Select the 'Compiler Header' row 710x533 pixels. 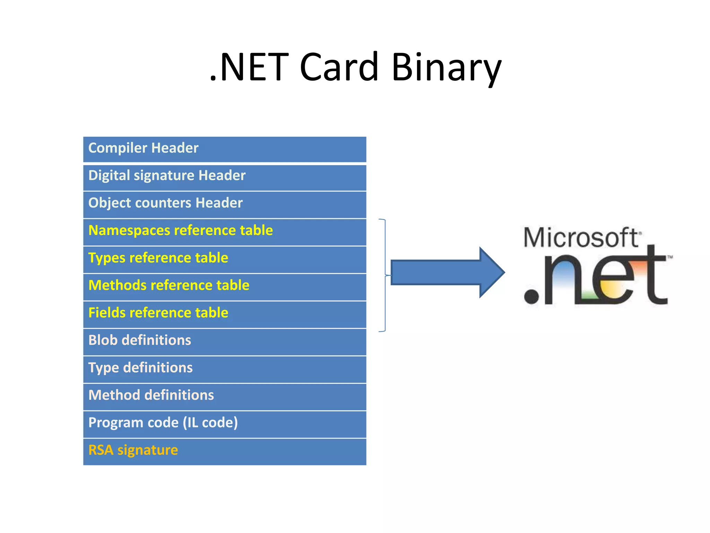[225, 149]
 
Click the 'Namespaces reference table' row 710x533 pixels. [225, 231]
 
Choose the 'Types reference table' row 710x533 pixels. [225, 259]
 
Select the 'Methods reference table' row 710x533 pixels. [225, 286]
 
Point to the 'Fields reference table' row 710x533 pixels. [225, 314]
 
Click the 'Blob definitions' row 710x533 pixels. [225, 341]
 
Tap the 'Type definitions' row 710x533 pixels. [225, 369]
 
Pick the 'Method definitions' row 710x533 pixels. [225, 396]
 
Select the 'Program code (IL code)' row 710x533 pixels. [225, 423]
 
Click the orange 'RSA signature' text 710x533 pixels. [133, 450]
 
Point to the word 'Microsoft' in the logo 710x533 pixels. [581, 238]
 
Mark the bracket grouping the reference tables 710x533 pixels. [384, 275]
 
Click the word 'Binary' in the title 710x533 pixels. [446, 67]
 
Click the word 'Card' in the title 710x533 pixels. [339, 67]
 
